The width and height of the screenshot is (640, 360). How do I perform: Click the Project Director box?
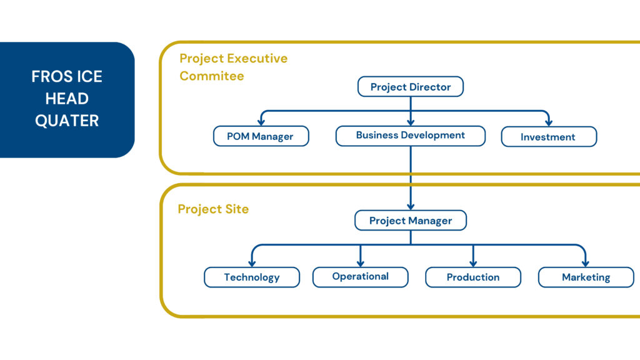(x=411, y=86)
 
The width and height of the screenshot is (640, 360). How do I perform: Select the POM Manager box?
(x=261, y=136)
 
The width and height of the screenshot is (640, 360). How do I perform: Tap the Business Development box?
(x=411, y=136)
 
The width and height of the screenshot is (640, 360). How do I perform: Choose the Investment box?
(x=549, y=136)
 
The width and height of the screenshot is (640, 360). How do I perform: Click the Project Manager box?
(x=411, y=221)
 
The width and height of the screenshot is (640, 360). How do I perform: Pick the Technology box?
(x=252, y=277)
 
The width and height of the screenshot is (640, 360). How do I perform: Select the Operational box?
(x=361, y=277)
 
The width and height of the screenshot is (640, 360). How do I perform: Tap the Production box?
(x=473, y=277)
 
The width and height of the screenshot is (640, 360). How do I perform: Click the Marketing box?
(x=586, y=277)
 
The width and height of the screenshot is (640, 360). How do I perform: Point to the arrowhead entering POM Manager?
(x=261, y=122)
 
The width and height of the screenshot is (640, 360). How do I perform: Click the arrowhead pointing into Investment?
(x=549, y=122)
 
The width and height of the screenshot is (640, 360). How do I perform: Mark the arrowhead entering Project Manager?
(x=411, y=206)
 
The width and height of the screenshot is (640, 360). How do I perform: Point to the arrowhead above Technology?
(x=252, y=263)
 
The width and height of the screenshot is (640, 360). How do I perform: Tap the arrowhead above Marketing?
(x=586, y=263)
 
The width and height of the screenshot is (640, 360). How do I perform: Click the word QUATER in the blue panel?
(x=67, y=121)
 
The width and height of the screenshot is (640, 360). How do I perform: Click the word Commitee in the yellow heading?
(x=212, y=76)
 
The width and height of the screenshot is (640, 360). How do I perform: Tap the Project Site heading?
(x=213, y=209)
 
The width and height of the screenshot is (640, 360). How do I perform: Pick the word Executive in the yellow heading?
(x=257, y=58)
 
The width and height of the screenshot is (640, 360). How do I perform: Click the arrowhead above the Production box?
(x=473, y=263)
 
